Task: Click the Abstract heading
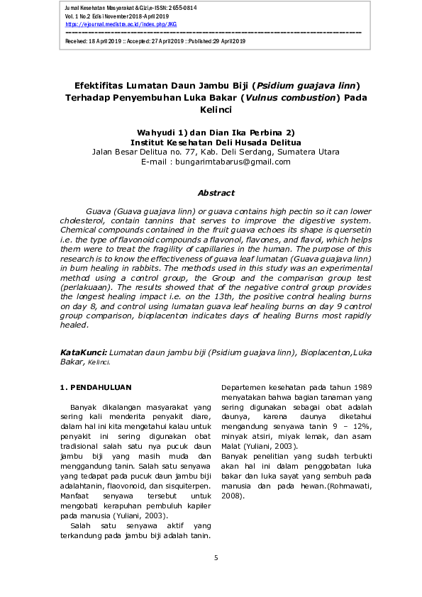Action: click(x=216, y=193)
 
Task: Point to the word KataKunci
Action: click(x=84, y=352)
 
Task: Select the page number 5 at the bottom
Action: click(x=216, y=559)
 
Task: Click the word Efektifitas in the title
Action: click(x=106, y=87)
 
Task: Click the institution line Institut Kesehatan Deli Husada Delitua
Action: click(x=216, y=142)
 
